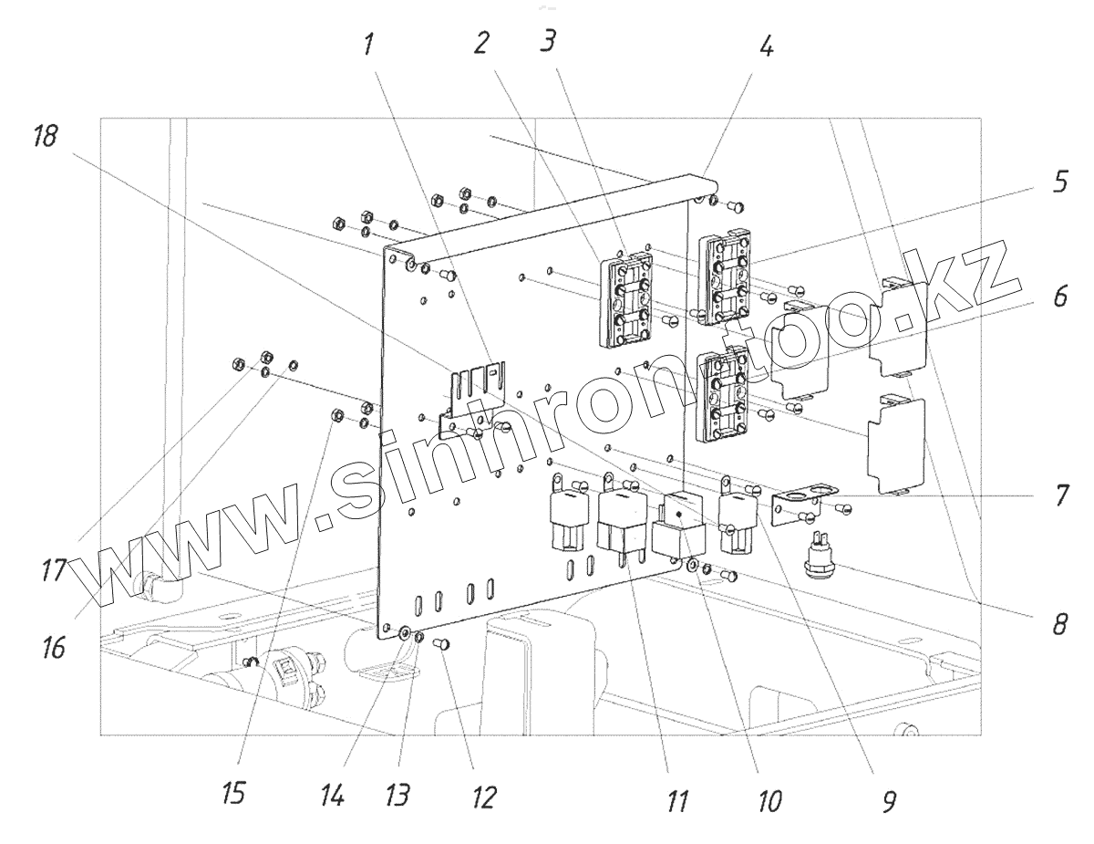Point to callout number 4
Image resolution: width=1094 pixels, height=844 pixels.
point(767,47)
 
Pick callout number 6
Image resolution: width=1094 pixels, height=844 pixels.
point(1058,297)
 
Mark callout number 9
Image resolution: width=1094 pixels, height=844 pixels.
point(889,800)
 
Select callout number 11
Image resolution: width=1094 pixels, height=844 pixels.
point(676,800)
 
